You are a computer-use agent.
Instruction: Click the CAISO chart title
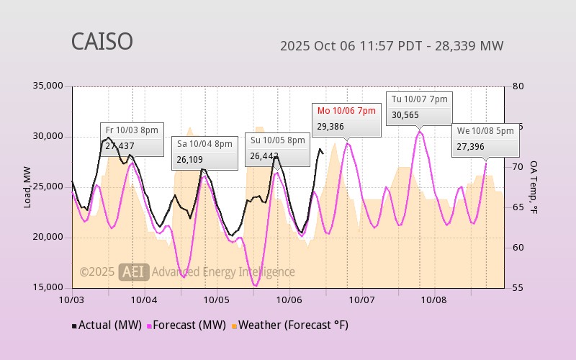102,42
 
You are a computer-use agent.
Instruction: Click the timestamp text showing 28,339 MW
392,46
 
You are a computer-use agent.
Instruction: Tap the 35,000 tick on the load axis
48,86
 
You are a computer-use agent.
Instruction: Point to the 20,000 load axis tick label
48,238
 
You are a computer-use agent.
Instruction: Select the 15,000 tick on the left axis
48,287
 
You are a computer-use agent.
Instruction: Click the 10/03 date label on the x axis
72,299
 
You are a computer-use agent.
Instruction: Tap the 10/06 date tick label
289,299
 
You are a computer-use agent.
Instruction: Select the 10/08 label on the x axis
434,299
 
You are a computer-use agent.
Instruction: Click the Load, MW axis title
27,187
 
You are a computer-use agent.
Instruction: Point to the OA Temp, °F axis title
534,187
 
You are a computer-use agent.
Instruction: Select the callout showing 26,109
204,152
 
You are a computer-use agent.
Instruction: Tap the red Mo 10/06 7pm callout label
346,111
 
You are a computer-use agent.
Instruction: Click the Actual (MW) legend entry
104,325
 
